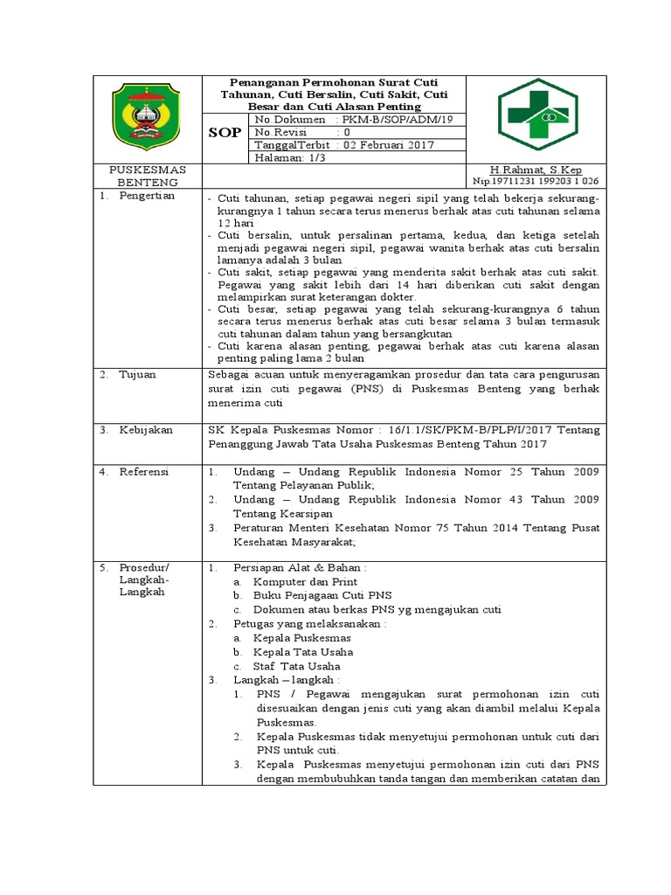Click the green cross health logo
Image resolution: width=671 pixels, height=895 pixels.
536,115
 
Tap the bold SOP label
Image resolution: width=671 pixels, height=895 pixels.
224,133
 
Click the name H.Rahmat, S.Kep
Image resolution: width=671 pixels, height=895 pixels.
536,170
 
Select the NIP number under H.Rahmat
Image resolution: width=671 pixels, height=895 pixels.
535,182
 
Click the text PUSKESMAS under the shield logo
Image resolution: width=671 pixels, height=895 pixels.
147,170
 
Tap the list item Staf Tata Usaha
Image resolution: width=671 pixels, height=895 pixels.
297,666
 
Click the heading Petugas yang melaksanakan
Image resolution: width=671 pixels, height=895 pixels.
309,624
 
